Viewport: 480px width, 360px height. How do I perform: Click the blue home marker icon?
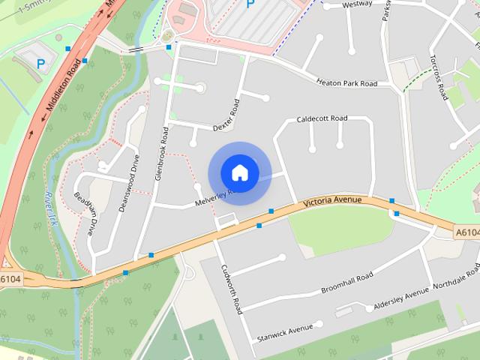(240, 172)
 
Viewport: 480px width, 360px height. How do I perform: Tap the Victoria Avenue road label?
(332, 201)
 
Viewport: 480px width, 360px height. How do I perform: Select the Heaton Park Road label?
(346, 83)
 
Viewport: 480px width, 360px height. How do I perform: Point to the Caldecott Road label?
(322, 118)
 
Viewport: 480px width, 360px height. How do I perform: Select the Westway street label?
(358, 4)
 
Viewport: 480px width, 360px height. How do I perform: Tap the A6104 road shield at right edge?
(467, 234)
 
